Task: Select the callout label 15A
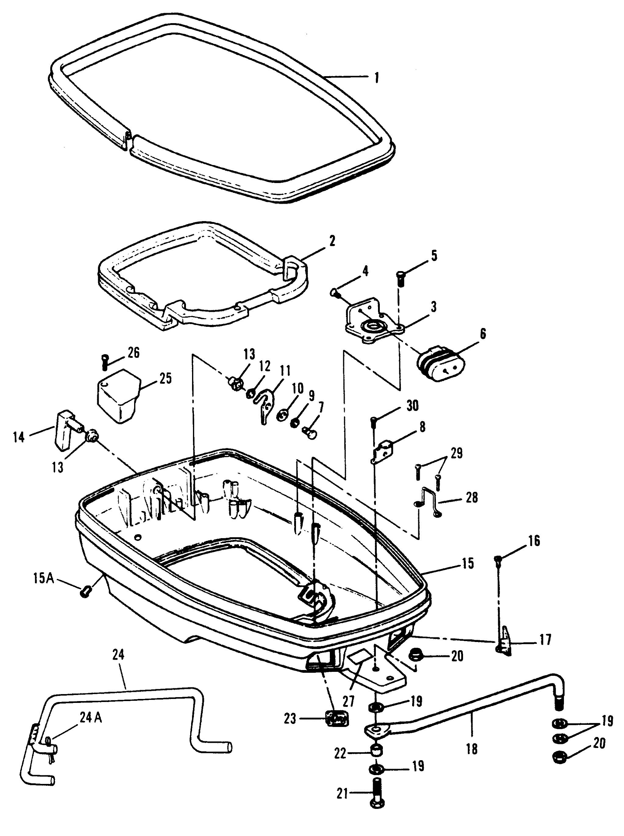click(43, 579)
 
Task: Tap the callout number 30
click(412, 406)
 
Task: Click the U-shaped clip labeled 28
click(430, 503)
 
